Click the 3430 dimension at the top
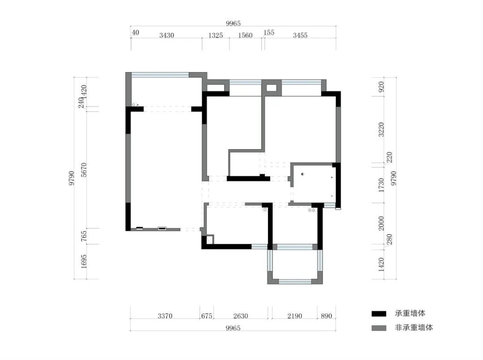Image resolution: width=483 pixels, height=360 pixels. point(167,35)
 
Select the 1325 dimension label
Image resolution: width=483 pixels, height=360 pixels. point(216,35)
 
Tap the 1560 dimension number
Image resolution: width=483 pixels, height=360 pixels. point(245,35)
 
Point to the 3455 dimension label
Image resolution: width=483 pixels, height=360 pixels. point(300,35)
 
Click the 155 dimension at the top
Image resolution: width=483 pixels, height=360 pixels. point(269,33)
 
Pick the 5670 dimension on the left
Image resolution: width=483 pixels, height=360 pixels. point(84,169)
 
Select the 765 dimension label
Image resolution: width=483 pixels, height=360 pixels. point(84,236)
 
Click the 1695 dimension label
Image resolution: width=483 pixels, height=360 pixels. point(84,262)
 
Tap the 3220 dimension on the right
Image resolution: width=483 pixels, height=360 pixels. point(381,130)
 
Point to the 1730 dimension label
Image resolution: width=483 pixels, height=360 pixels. point(381,185)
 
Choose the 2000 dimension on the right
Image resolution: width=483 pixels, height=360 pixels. point(381,223)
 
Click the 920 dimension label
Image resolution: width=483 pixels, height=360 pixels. point(381,87)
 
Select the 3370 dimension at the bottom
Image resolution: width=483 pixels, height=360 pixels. point(165,316)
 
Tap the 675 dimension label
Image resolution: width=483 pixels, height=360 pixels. point(207,316)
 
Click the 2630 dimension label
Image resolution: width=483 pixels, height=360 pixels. point(241,316)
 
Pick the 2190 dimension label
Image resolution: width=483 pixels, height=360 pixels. point(295,316)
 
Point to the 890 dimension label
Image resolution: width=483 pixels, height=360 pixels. point(326,316)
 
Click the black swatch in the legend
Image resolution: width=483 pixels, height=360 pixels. point(379,314)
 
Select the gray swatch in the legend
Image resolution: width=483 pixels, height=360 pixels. point(379,328)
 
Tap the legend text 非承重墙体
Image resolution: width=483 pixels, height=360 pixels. point(414,328)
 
